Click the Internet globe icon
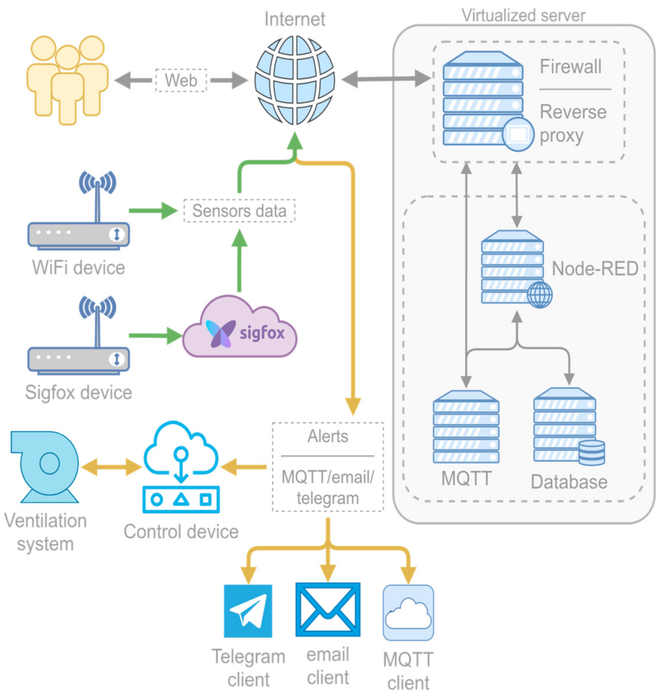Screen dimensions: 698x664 (x=295, y=80)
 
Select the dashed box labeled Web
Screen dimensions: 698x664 (x=181, y=81)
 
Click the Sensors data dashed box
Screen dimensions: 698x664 (x=239, y=211)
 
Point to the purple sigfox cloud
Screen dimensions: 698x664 (x=240, y=329)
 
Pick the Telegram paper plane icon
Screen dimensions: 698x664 (x=248, y=611)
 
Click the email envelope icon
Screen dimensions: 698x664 (x=328, y=610)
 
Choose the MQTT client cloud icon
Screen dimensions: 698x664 (x=408, y=613)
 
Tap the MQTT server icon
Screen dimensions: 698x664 (x=466, y=427)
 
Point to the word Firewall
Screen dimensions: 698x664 (x=570, y=67)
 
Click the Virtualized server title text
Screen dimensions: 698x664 (x=523, y=16)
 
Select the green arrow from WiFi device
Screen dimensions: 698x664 (x=153, y=211)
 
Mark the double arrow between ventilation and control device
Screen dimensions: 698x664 (x=111, y=467)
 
